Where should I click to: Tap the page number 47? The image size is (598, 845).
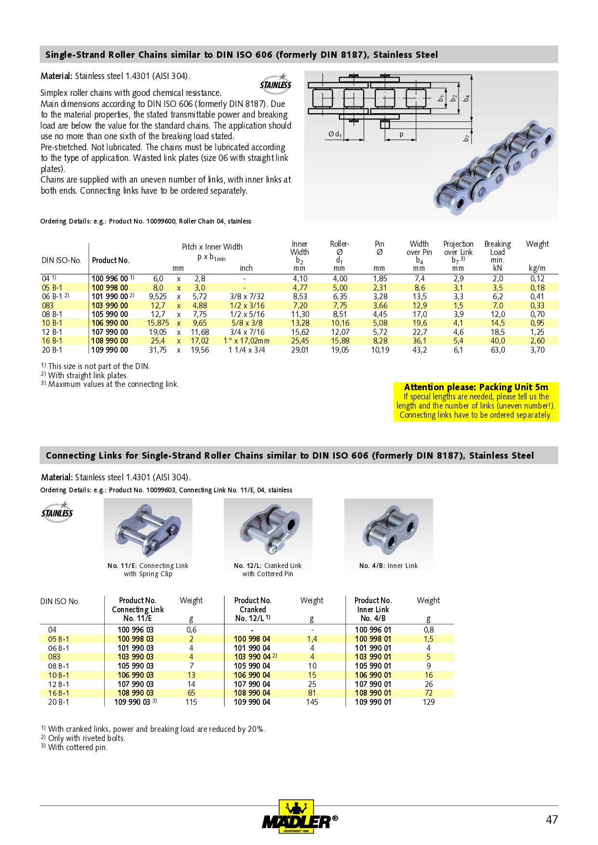tap(552, 819)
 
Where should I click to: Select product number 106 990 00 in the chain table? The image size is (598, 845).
tap(110, 323)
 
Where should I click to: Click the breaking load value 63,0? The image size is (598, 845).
tap(498, 350)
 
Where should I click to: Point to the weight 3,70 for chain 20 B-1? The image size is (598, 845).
tap(537, 350)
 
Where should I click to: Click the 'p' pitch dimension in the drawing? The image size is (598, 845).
tap(401, 135)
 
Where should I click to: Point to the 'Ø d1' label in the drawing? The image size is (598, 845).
tap(335, 134)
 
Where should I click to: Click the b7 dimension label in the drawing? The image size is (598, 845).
tap(466, 138)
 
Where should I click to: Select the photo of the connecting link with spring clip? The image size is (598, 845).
tap(148, 528)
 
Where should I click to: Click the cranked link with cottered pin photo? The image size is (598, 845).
tap(268, 528)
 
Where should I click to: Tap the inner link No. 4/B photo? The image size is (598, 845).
tap(389, 528)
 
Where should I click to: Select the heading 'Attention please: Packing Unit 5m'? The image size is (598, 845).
tap(476, 387)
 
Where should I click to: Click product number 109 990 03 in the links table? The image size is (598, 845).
tap(132, 702)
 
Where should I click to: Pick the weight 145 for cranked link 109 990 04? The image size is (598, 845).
tap(312, 702)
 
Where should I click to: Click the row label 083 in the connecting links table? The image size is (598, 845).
tap(54, 657)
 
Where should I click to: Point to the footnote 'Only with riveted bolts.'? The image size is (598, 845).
tap(86, 739)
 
